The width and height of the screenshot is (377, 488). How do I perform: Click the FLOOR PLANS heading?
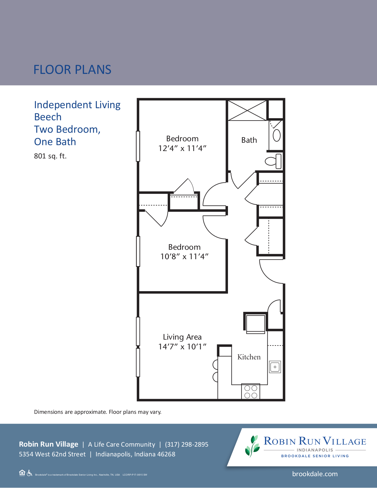(x=72, y=70)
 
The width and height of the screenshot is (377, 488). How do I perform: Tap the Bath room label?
(x=249, y=140)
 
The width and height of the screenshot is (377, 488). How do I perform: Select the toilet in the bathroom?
(x=273, y=161)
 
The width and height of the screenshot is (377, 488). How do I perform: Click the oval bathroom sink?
(x=276, y=135)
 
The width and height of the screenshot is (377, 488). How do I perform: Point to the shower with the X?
(x=247, y=111)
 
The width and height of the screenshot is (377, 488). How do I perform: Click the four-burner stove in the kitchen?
(x=251, y=392)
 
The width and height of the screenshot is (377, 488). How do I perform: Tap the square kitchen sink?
(x=275, y=367)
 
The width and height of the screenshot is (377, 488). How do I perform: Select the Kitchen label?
(x=249, y=357)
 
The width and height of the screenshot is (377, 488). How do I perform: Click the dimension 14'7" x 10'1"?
(x=182, y=347)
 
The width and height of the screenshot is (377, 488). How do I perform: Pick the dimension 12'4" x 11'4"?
(x=182, y=148)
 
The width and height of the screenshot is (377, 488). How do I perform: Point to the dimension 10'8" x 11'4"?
(x=184, y=257)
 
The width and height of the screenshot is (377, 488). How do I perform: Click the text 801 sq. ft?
(x=50, y=156)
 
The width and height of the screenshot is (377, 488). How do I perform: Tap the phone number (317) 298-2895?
(x=187, y=445)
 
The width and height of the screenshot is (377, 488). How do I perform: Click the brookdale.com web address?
(x=315, y=474)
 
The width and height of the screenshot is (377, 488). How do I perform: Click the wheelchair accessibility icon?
(x=29, y=473)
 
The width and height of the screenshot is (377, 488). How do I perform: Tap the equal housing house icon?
(x=22, y=473)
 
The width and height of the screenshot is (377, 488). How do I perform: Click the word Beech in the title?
(x=48, y=117)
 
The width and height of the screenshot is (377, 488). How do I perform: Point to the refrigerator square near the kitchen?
(x=255, y=323)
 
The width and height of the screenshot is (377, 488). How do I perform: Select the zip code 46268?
(x=166, y=454)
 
